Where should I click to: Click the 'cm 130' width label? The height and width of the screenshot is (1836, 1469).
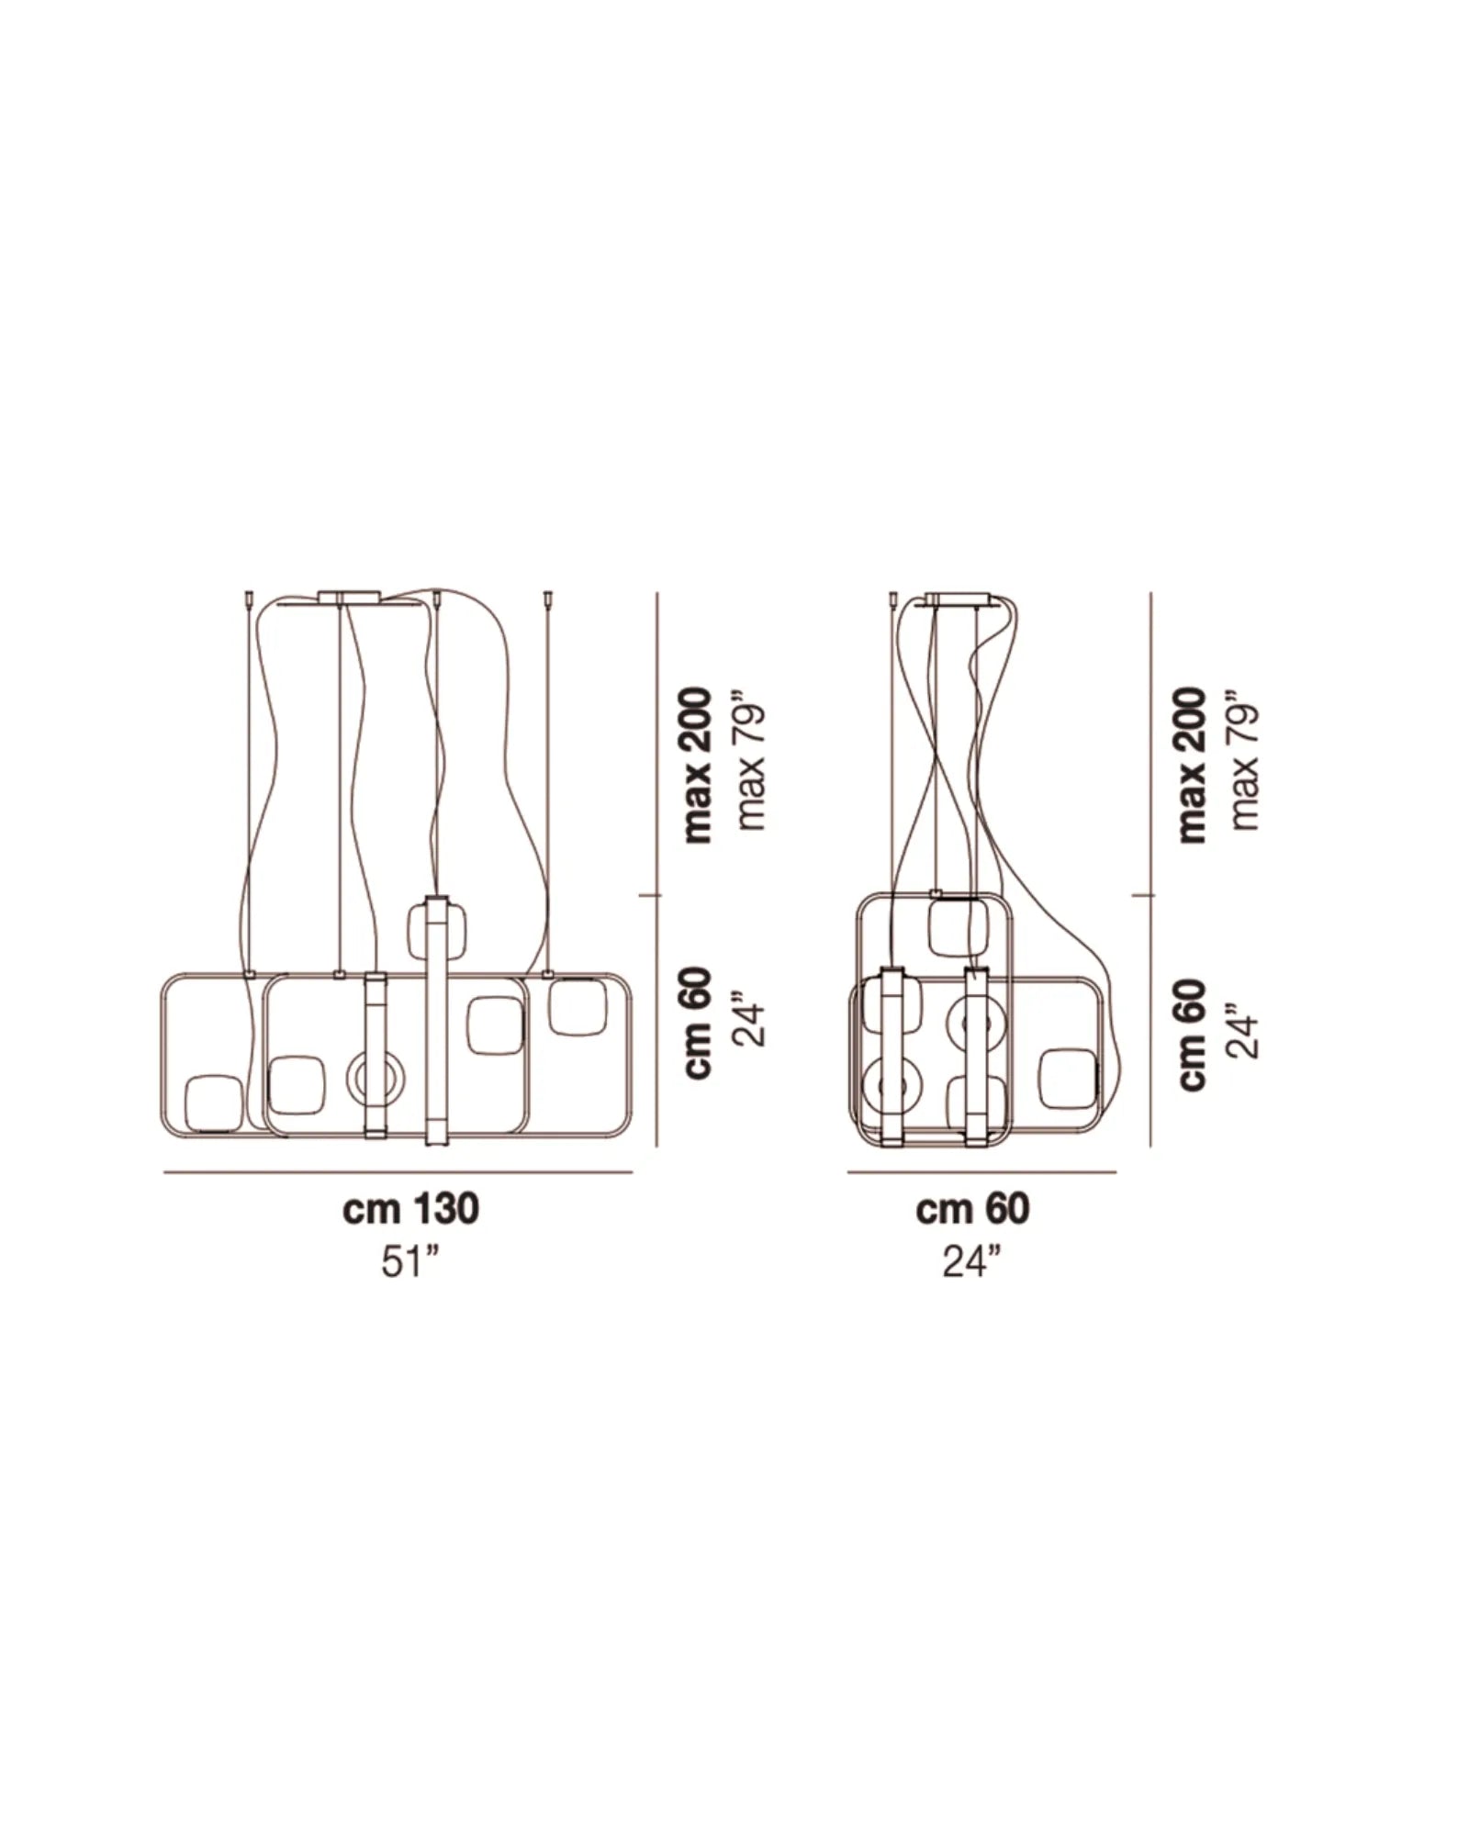tap(410, 1209)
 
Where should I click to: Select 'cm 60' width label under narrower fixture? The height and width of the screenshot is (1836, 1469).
tap(972, 1209)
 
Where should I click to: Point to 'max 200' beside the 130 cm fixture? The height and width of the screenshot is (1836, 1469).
tap(699, 764)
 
